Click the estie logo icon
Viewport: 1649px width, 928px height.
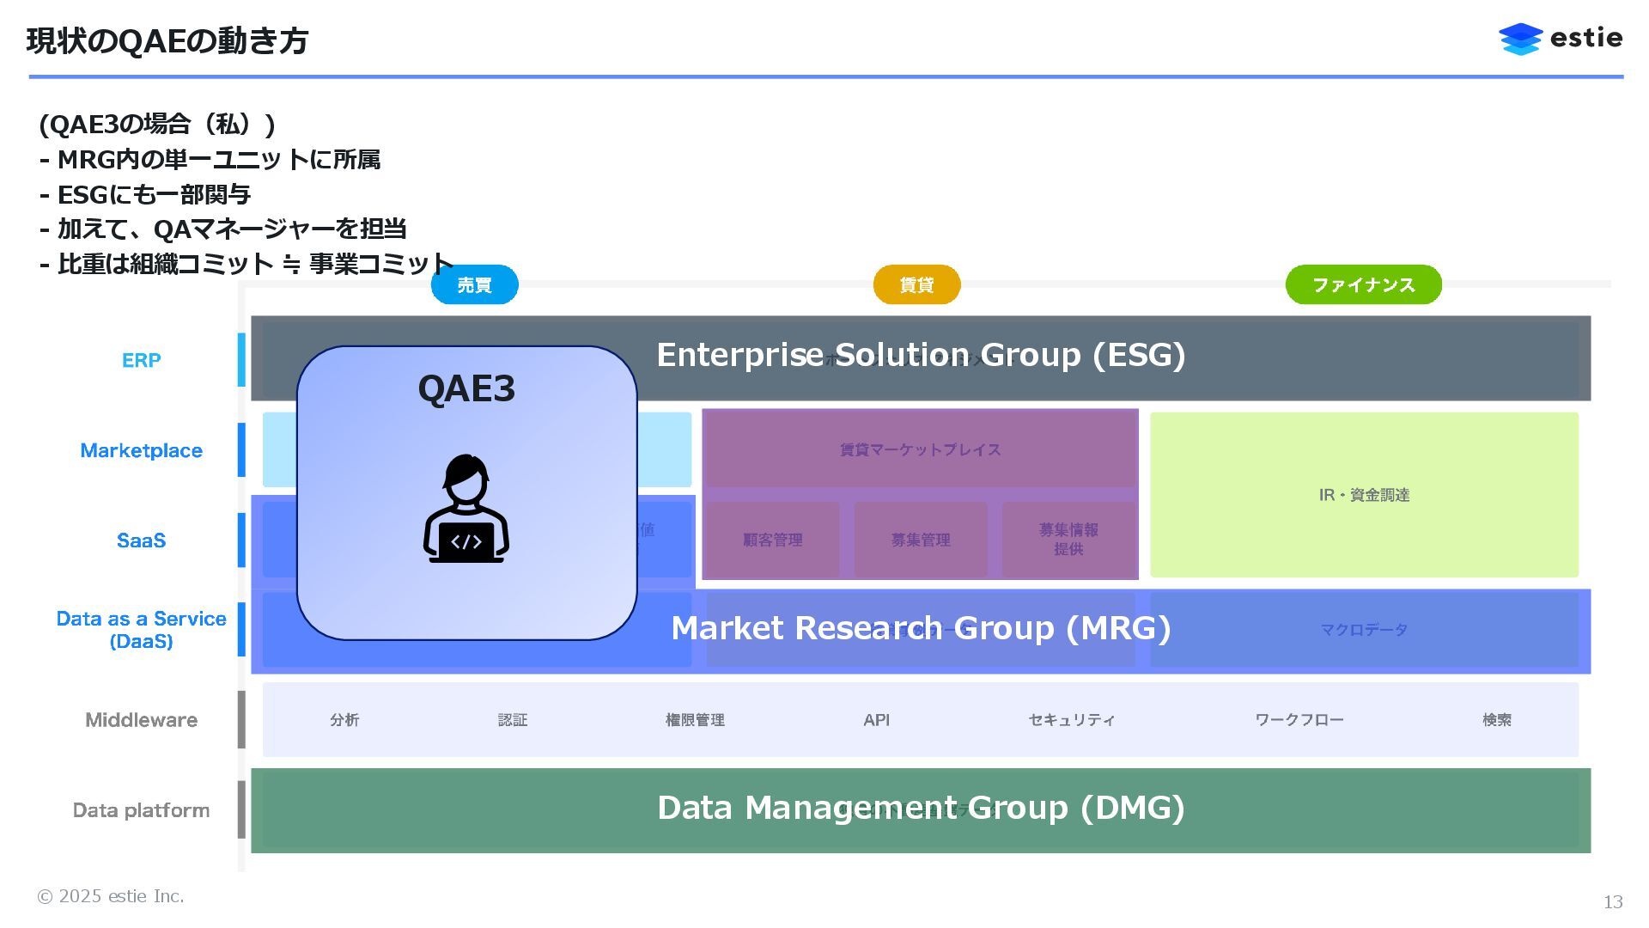tap(1520, 39)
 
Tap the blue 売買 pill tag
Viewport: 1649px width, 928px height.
tap(474, 284)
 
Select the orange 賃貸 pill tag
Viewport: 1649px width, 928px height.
tap(916, 284)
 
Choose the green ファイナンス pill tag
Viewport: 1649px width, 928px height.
tap(1363, 284)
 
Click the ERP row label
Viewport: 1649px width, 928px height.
tap(141, 360)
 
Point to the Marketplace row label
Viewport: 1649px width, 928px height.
tap(141, 450)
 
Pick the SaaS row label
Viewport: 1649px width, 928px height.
tap(141, 540)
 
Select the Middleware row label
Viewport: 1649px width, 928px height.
tap(141, 720)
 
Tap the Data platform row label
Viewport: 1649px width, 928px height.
tap(141, 810)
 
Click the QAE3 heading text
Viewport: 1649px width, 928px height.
tap(465, 388)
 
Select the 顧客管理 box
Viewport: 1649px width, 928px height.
tap(772, 540)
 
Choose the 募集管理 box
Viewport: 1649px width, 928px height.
tap(920, 540)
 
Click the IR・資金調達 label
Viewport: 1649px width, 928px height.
tap(1364, 495)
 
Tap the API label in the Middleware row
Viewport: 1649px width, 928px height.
tap(876, 720)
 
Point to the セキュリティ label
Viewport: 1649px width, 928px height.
tap(1071, 720)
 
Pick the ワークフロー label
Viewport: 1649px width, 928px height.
tap(1299, 720)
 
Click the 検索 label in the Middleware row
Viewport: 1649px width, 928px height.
tap(1496, 720)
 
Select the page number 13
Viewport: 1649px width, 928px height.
tap(1612, 901)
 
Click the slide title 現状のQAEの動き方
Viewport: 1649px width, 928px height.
tap(167, 40)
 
